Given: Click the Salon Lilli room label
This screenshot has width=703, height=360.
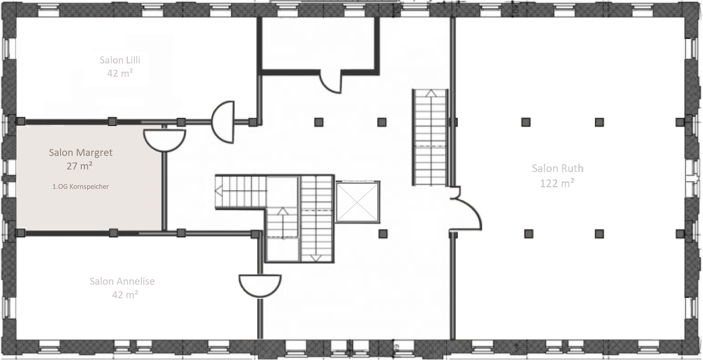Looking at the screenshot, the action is pyautogui.click(x=120, y=60).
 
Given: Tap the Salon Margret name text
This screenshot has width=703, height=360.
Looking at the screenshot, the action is pyautogui.click(x=81, y=153).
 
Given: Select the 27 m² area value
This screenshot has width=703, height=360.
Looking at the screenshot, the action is pyautogui.click(x=79, y=166).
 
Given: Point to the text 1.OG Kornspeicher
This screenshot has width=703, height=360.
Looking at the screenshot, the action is pyautogui.click(x=81, y=187).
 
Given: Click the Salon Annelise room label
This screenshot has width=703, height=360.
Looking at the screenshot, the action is pyautogui.click(x=122, y=281).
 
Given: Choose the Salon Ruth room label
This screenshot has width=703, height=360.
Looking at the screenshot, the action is pyautogui.click(x=557, y=168).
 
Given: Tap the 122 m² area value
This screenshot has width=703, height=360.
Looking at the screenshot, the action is pyautogui.click(x=557, y=183).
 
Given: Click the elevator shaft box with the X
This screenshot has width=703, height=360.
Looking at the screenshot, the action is pyautogui.click(x=358, y=202).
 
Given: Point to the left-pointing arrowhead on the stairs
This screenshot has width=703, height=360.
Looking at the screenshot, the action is pyautogui.click(x=219, y=191).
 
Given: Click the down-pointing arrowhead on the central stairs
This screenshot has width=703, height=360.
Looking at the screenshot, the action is pyautogui.click(x=316, y=258).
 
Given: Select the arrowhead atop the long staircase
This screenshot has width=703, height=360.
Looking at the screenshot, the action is pyautogui.click(x=431, y=93).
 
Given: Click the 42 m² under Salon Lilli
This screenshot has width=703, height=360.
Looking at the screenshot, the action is pyautogui.click(x=120, y=73).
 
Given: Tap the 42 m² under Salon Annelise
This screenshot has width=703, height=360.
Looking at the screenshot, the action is pyautogui.click(x=125, y=295).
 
